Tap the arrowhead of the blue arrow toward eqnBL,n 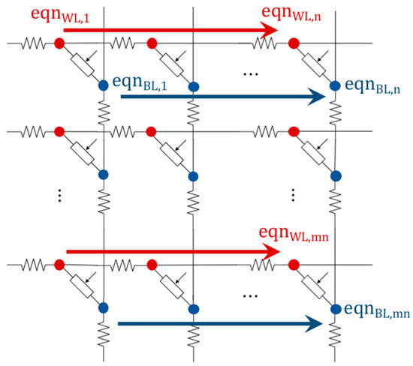[316, 96]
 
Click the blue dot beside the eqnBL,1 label [104, 88]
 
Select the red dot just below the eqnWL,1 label [59, 43]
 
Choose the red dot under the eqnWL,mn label [294, 265]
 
